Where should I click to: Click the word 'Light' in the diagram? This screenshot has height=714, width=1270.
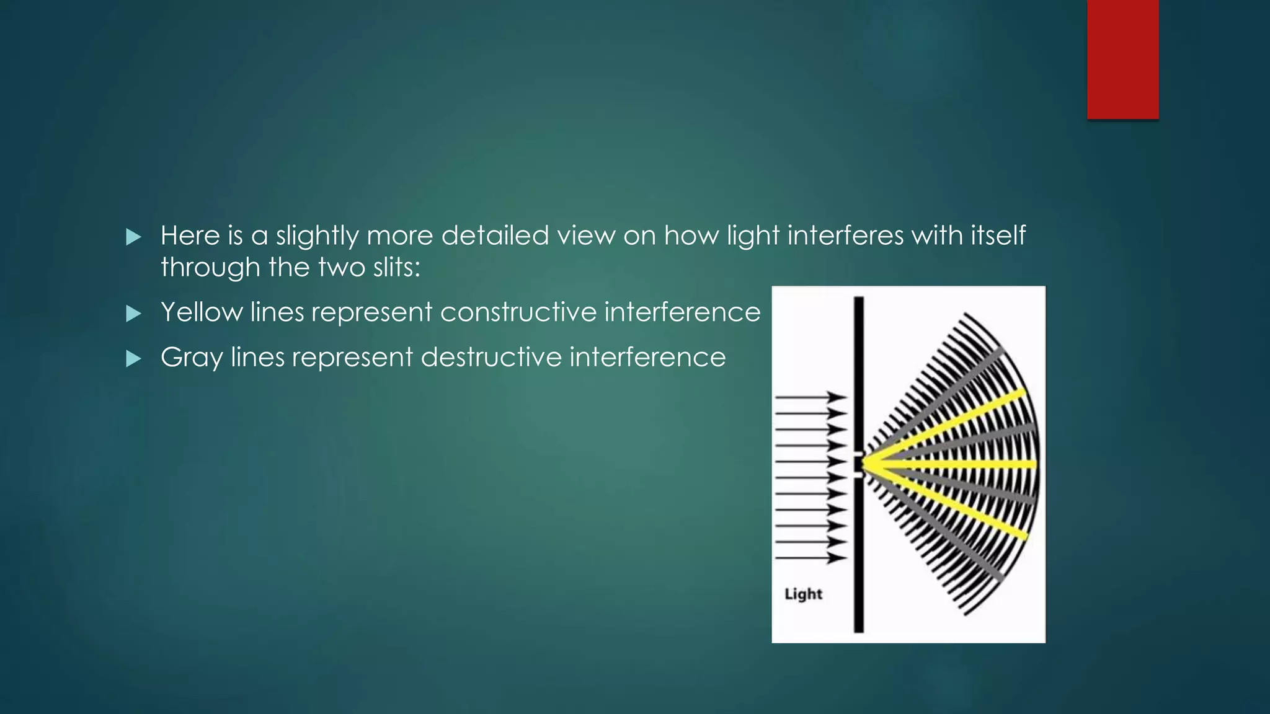point(803,594)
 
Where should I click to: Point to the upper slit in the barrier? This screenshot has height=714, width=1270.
point(858,455)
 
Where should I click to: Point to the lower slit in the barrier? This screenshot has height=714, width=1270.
point(858,475)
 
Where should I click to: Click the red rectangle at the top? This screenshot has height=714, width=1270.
point(1122,59)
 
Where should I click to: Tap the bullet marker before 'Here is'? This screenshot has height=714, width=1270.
point(133,237)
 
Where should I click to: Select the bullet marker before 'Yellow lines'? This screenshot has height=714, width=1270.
point(133,313)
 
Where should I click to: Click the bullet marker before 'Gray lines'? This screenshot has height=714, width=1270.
point(133,358)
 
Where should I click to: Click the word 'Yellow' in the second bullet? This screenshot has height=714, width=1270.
point(202,312)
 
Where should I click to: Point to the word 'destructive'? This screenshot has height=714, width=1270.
point(491,357)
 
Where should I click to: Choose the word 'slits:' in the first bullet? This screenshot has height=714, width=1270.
point(396,268)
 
